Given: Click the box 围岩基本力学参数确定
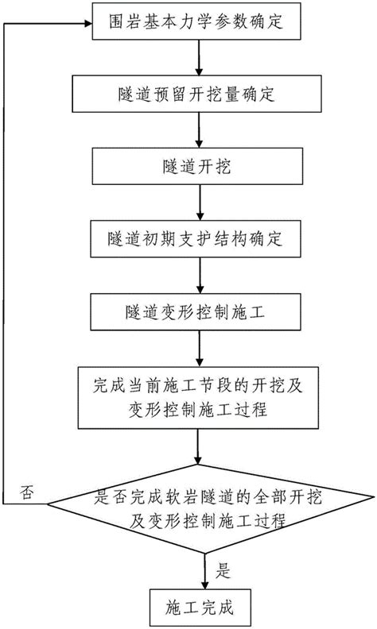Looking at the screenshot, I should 196,23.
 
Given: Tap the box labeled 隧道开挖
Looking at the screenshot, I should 196,167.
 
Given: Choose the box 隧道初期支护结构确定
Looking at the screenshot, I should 196,239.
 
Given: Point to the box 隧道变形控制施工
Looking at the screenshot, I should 196,311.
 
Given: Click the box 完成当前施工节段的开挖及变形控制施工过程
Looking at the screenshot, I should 196,399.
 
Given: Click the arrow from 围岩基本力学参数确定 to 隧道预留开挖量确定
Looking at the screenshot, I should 196,60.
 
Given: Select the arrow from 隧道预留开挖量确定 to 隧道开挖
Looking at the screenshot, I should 196,131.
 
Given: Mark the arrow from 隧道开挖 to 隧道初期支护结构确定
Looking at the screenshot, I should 196,203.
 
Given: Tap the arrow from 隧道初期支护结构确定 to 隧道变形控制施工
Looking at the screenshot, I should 196,276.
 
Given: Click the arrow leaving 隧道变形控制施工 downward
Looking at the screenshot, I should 196,348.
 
